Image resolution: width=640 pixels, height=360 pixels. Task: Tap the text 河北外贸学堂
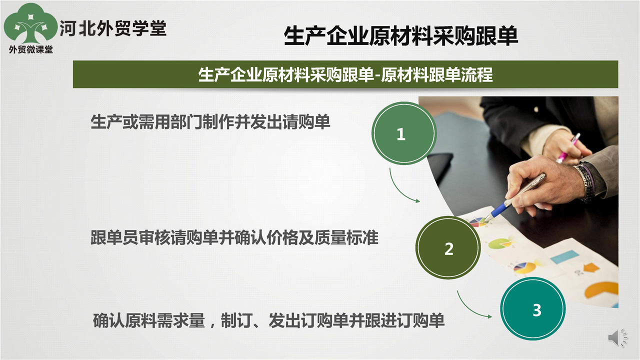coord(113,29)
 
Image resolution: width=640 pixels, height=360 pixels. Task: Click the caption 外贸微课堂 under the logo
coord(31,49)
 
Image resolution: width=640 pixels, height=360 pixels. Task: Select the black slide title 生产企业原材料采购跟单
coord(401,36)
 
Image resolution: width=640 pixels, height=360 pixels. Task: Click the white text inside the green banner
coord(345,75)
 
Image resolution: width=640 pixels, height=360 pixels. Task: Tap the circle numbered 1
coord(404,133)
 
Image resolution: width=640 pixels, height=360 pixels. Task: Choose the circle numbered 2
coord(448,248)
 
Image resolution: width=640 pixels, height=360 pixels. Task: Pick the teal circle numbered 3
coord(533,309)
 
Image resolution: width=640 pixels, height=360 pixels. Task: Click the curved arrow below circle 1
coord(399,190)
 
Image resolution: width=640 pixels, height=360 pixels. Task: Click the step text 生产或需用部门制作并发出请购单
coord(210,122)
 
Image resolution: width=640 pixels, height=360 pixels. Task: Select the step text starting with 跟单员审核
coord(234,237)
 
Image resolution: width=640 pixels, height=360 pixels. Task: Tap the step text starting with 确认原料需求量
coord(268,320)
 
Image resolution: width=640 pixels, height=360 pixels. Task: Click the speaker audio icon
coord(617,338)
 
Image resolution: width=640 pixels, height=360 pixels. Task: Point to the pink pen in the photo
coord(568,148)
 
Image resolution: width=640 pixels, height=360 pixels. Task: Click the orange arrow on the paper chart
coord(591,267)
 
